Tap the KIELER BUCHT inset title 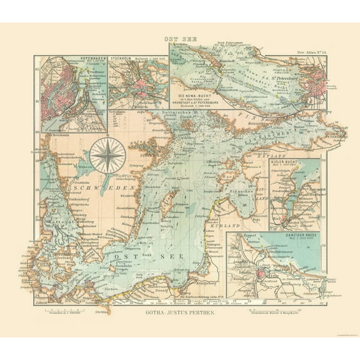[286, 162]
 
